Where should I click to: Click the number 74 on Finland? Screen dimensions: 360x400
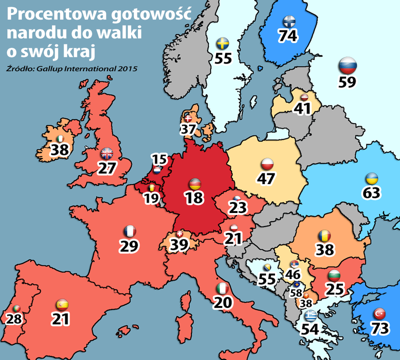pos(289,35)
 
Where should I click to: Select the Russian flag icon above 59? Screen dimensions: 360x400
pos(346,65)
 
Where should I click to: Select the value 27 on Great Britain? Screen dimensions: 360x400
pos(107,167)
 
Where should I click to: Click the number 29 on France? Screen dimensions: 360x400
pos(129,245)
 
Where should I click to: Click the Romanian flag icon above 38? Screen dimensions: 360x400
pos(323,236)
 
